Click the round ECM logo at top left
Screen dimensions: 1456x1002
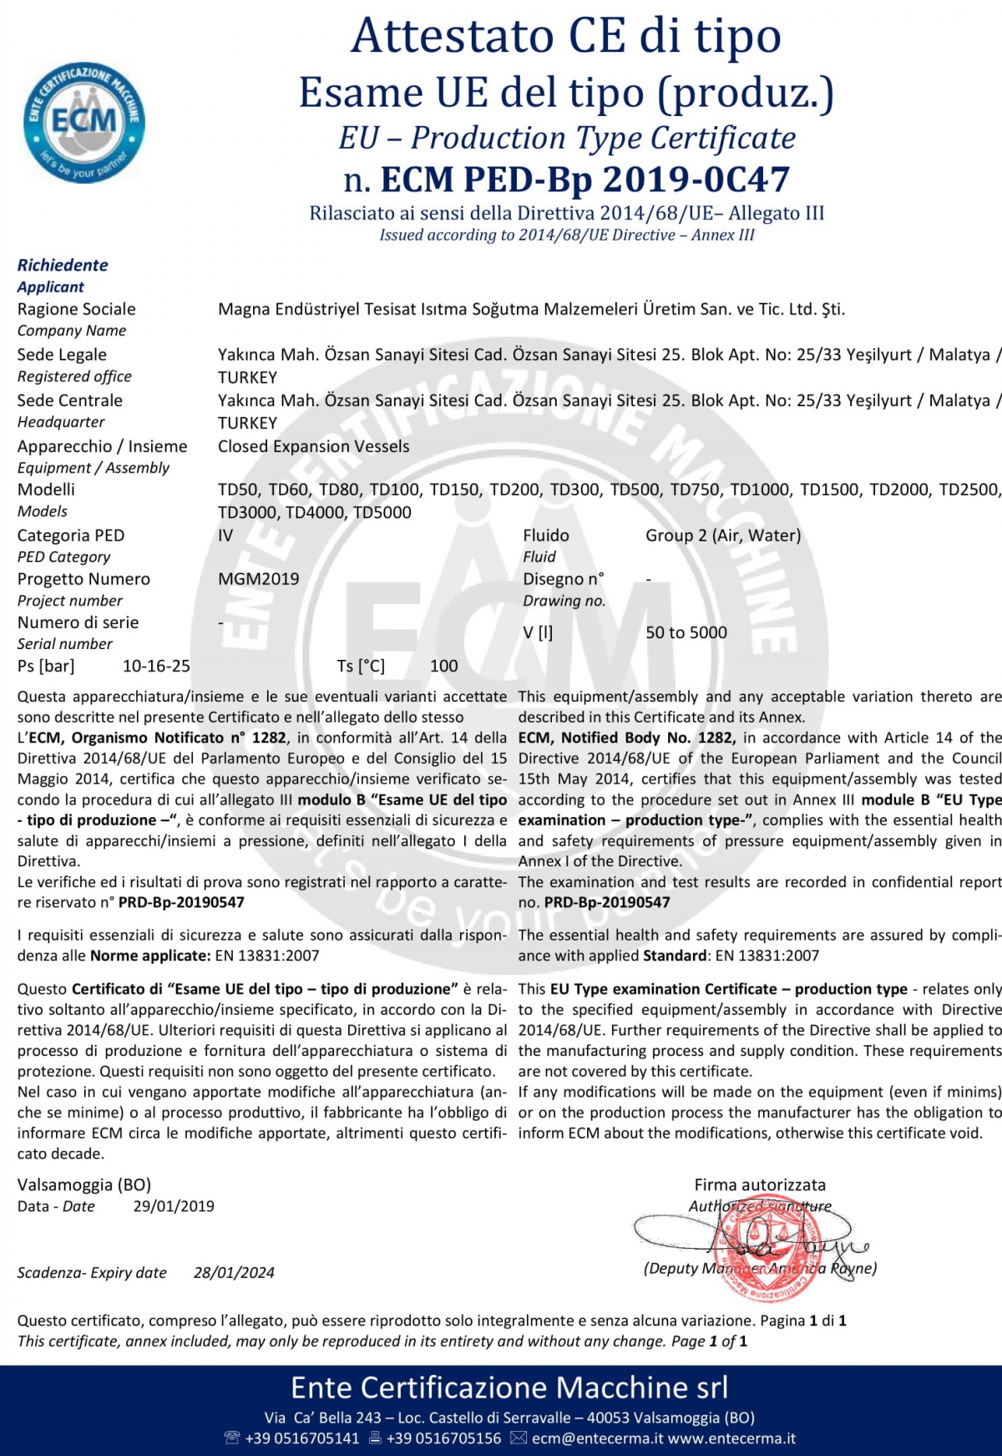point(83,122)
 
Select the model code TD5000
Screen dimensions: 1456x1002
point(382,512)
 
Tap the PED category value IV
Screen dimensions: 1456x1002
point(225,535)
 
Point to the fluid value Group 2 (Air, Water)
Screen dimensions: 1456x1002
point(722,535)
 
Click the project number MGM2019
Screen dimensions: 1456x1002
point(258,579)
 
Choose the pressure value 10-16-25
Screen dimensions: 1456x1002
point(156,666)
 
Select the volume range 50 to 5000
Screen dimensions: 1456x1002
point(686,632)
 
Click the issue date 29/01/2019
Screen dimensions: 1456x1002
point(174,1206)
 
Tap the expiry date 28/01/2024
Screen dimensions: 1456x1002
point(234,1273)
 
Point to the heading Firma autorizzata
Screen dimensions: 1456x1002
point(760,1185)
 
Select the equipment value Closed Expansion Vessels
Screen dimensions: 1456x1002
point(313,446)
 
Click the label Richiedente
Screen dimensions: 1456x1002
point(63,265)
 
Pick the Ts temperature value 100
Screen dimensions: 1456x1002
point(443,666)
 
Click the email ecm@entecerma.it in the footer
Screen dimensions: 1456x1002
point(597,1438)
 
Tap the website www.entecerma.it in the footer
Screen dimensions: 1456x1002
point(731,1438)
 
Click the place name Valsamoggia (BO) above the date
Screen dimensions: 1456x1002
point(83,1185)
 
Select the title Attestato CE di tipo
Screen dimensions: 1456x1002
point(566,36)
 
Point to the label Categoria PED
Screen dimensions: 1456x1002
point(70,535)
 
